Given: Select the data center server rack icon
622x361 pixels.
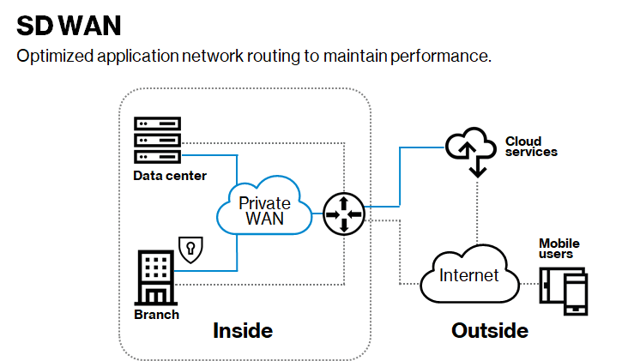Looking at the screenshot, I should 158,140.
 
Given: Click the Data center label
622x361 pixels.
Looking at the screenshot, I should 170,176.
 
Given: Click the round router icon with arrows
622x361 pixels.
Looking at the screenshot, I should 343,213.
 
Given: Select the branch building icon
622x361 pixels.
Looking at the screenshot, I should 154,277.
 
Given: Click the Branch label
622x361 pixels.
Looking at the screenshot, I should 157,314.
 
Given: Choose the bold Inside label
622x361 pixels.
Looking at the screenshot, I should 243,330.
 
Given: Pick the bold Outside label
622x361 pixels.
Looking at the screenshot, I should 489,330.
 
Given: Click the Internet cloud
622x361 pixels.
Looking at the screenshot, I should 468,275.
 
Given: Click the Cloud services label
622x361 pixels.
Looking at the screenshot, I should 531,147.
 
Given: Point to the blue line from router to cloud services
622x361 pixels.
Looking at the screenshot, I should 400,176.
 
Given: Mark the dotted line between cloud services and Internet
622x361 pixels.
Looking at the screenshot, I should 477,210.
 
